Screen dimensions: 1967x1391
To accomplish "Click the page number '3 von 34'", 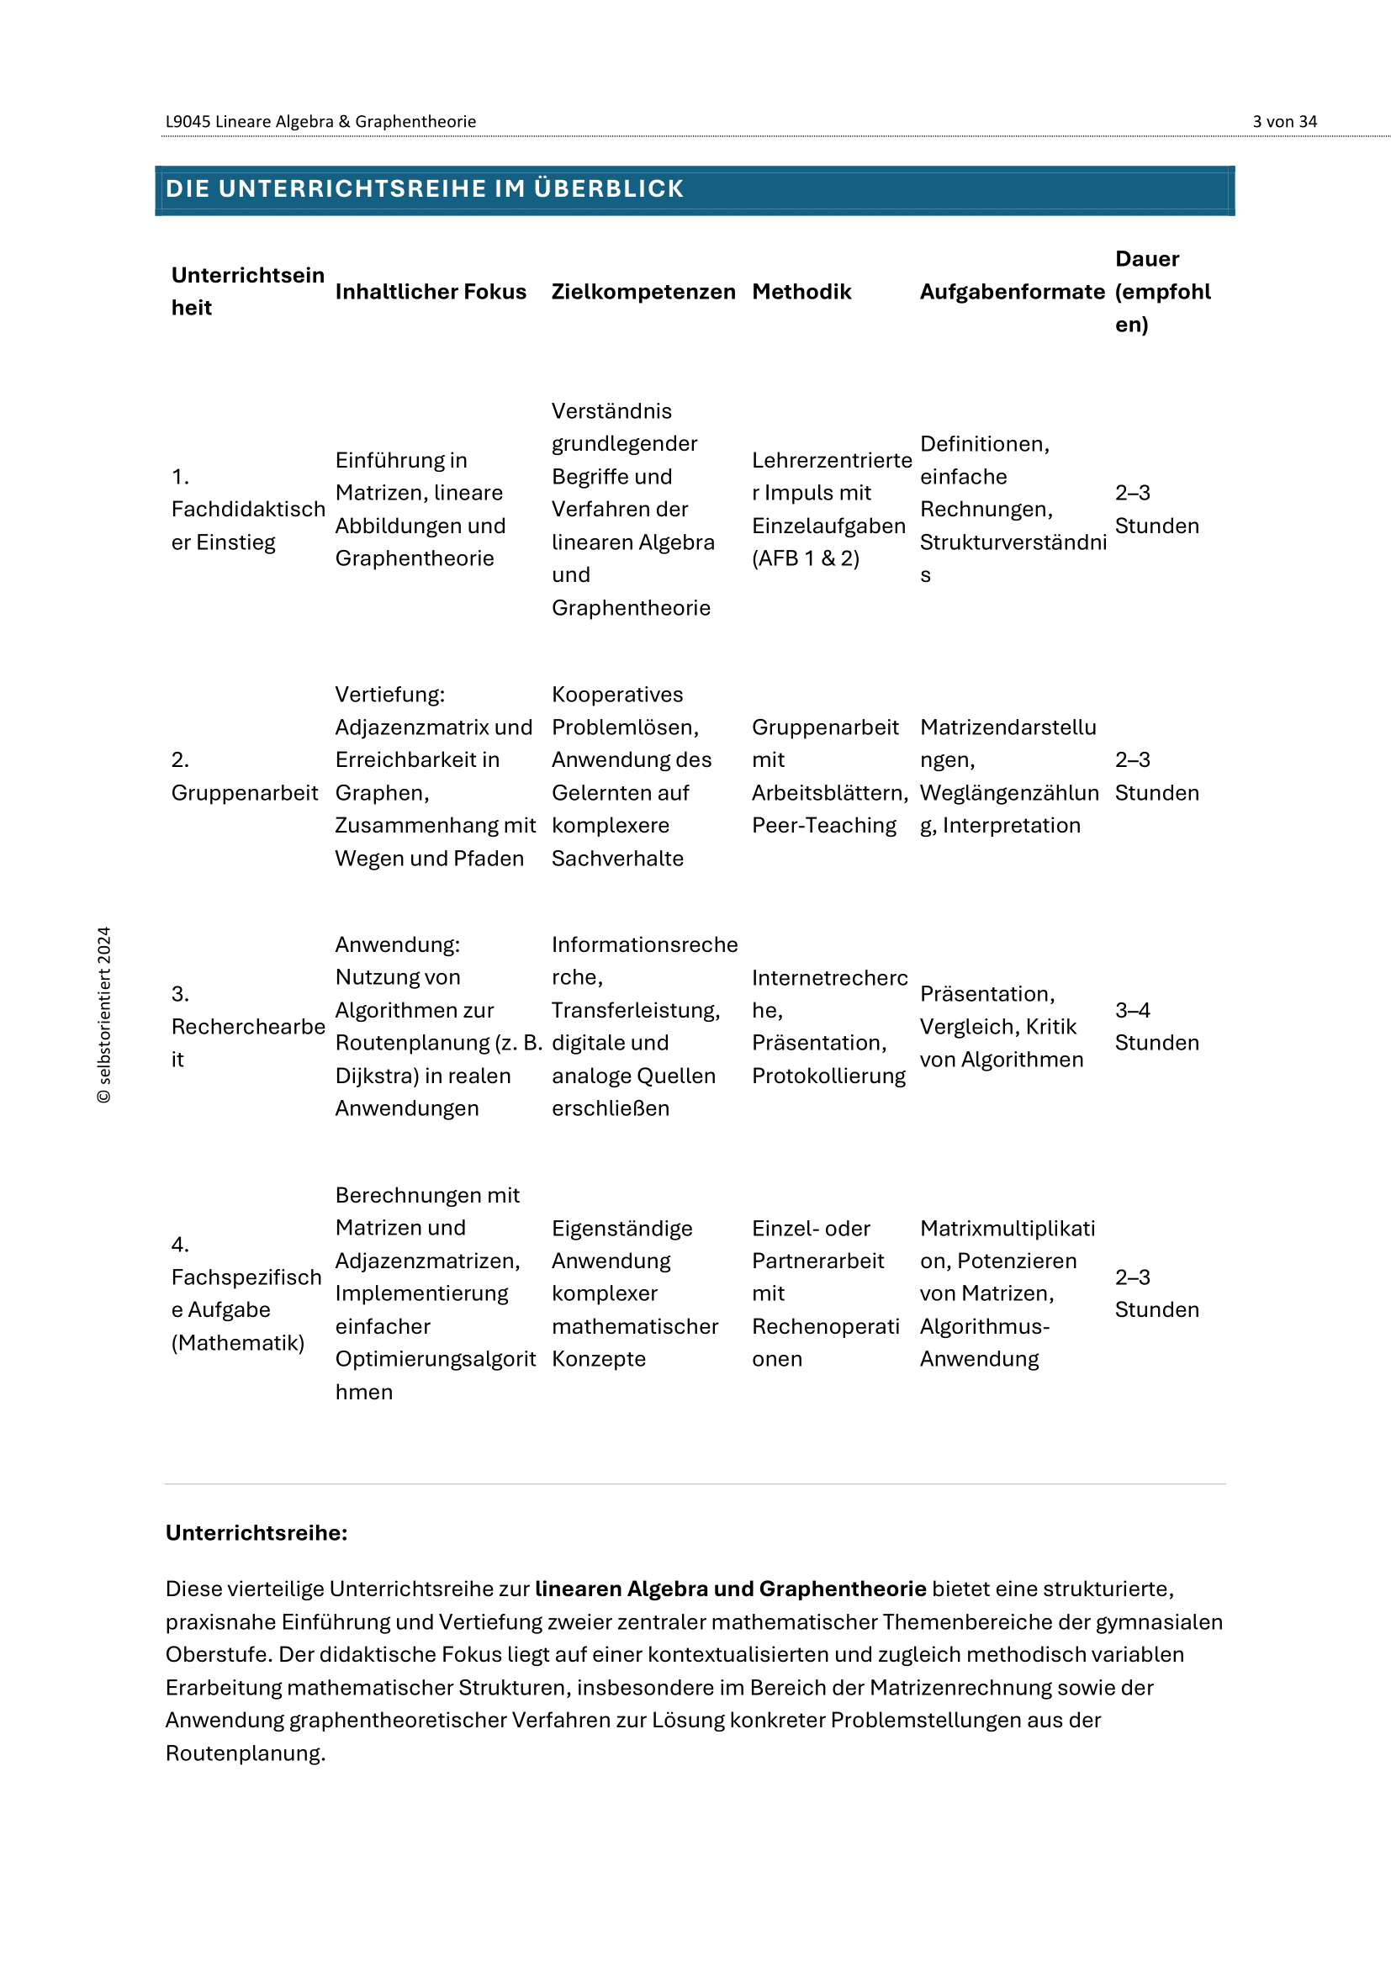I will (1284, 122).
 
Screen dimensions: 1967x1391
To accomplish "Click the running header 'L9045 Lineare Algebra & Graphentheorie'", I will (320, 122).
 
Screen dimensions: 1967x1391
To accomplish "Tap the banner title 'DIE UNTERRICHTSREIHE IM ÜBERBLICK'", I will (424, 188).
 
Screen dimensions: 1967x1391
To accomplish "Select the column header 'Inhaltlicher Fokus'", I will (430, 291).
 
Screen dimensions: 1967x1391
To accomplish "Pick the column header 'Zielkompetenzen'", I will (643, 291).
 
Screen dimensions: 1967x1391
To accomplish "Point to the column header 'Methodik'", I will (801, 291).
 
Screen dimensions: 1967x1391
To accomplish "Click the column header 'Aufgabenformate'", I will (1012, 291).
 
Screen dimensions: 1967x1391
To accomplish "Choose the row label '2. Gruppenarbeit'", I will (244, 776).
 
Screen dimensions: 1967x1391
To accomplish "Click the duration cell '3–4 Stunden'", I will (1156, 1026).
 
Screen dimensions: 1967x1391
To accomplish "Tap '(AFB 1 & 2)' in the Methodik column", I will (805, 558).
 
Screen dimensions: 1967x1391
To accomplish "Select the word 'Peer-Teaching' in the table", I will (823, 825).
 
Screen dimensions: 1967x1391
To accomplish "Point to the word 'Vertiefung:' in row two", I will (389, 694).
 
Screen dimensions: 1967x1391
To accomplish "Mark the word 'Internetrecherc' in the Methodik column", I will (829, 977).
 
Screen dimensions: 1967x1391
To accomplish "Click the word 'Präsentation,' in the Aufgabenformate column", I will (986, 994).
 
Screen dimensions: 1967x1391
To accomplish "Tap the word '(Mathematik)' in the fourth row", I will (237, 1342).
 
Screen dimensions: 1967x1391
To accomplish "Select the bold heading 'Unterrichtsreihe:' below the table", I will (257, 1533).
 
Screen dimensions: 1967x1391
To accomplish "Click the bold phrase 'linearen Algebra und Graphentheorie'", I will (730, 1589).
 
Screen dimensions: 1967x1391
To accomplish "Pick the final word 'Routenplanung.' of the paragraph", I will (245, 1753).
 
